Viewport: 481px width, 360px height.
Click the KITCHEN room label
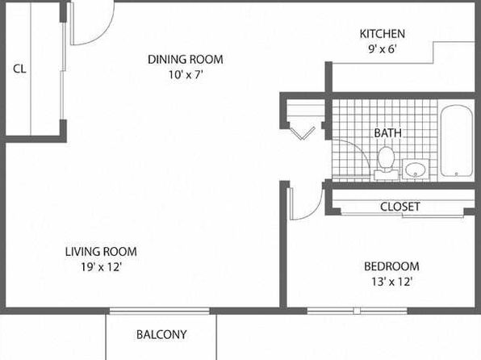click(x=383, y=34)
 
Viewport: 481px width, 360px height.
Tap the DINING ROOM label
click(x=186, y=59)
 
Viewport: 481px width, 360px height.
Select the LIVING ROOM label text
click(x=101, y=252)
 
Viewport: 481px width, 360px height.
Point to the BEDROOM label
click(x=391, y=266)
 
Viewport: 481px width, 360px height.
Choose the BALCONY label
click(x=161, y=334)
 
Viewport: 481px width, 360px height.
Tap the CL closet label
click(x=19, y=69)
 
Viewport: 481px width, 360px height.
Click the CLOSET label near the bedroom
click(x=399, y=207)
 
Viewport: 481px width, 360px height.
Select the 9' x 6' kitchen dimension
click(x=383, y=49)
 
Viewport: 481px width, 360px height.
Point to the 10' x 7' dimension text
click(x=186, y=74)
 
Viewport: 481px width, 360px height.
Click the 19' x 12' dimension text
click(x=102, y=267)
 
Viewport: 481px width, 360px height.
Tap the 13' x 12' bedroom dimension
click(x=391, y=282)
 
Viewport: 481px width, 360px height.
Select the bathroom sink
click(x=416, y=169)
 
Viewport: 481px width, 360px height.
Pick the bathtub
click(x=456, y=141)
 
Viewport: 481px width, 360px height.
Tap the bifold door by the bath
click(x=303, y=133)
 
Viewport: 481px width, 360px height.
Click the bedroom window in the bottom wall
click(x=357, y=311)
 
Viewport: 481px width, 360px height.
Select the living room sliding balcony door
click(x=160, y=311)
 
